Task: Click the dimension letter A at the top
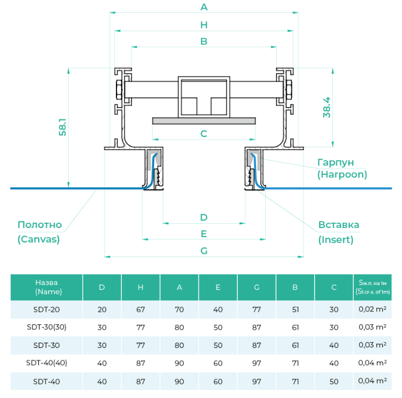click(203, 7)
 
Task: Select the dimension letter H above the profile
click(203, 25)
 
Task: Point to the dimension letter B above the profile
click(203, 41)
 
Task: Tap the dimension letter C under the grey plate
click(203, 134)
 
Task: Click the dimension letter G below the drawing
click(203, 251)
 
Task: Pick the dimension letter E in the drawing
click(203, 234)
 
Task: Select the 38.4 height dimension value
click(327, 107)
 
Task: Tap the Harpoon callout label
click(342, 168)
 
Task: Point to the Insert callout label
click(338, 232)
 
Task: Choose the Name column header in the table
click(46, 287)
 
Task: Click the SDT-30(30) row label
click(46, 327)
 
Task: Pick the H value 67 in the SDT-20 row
click(141, 309)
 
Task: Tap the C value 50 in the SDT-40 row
click(334, 381)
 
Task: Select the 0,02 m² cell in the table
click(372, 309)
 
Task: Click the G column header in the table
click(257, 287)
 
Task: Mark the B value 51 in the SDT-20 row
click(295, 309)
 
